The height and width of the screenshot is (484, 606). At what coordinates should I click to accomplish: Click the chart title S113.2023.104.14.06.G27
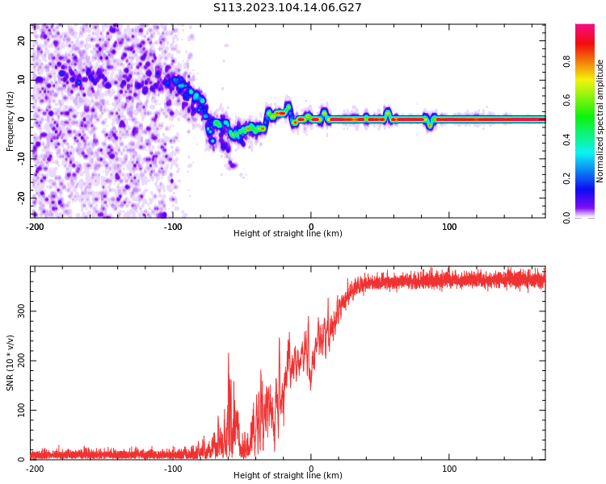click(x=288, y=8)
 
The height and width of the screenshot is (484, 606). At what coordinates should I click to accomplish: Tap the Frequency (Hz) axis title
click(x=11, y=120)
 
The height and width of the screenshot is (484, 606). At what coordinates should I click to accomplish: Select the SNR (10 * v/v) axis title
click(x=11, y=362)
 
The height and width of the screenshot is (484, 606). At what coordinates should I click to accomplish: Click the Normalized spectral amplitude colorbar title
click(x=600, y=120)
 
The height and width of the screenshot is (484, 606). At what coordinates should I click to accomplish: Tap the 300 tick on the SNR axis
click(x=19, y=311)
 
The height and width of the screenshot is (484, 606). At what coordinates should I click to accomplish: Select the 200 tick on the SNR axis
click(x=19, y=361)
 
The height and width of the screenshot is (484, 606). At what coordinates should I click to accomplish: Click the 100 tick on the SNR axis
click(x=19, y=411)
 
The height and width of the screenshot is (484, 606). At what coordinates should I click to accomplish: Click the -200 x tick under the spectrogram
click(x=35, y=227)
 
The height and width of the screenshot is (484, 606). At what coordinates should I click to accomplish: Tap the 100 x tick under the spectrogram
click(x=449, y=227)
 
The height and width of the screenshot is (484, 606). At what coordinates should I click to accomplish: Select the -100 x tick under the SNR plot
click(x=173, y=469)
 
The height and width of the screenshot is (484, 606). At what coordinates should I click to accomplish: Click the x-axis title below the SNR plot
click(x=288, y=476)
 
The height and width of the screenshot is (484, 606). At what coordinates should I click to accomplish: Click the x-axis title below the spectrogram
click(x=288, y=234)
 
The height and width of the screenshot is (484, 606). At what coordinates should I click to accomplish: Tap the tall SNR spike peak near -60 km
click(x=228, y=353)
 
